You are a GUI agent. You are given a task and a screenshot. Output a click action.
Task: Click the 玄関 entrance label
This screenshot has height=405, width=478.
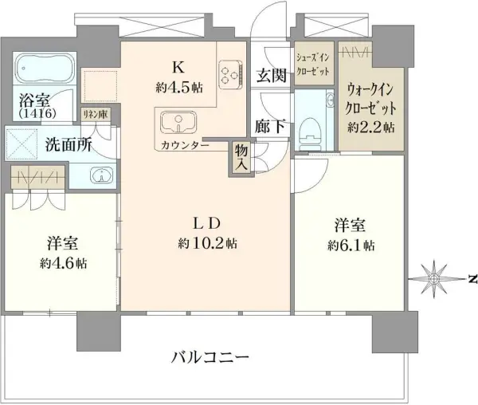(271, 76)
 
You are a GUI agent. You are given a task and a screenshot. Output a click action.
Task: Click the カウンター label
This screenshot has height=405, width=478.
(185, 145)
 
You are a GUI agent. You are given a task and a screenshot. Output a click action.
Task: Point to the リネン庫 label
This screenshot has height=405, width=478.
(95, 115)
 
